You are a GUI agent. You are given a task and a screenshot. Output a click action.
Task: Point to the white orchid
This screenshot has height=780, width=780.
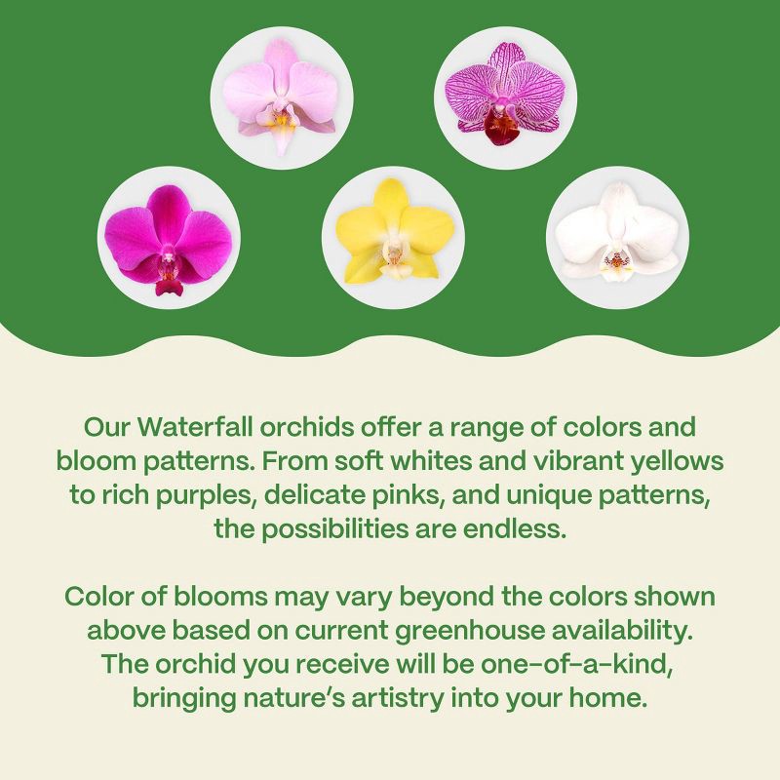[617, 237]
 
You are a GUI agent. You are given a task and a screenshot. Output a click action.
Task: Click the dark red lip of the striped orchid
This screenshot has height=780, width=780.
[503, 129]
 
